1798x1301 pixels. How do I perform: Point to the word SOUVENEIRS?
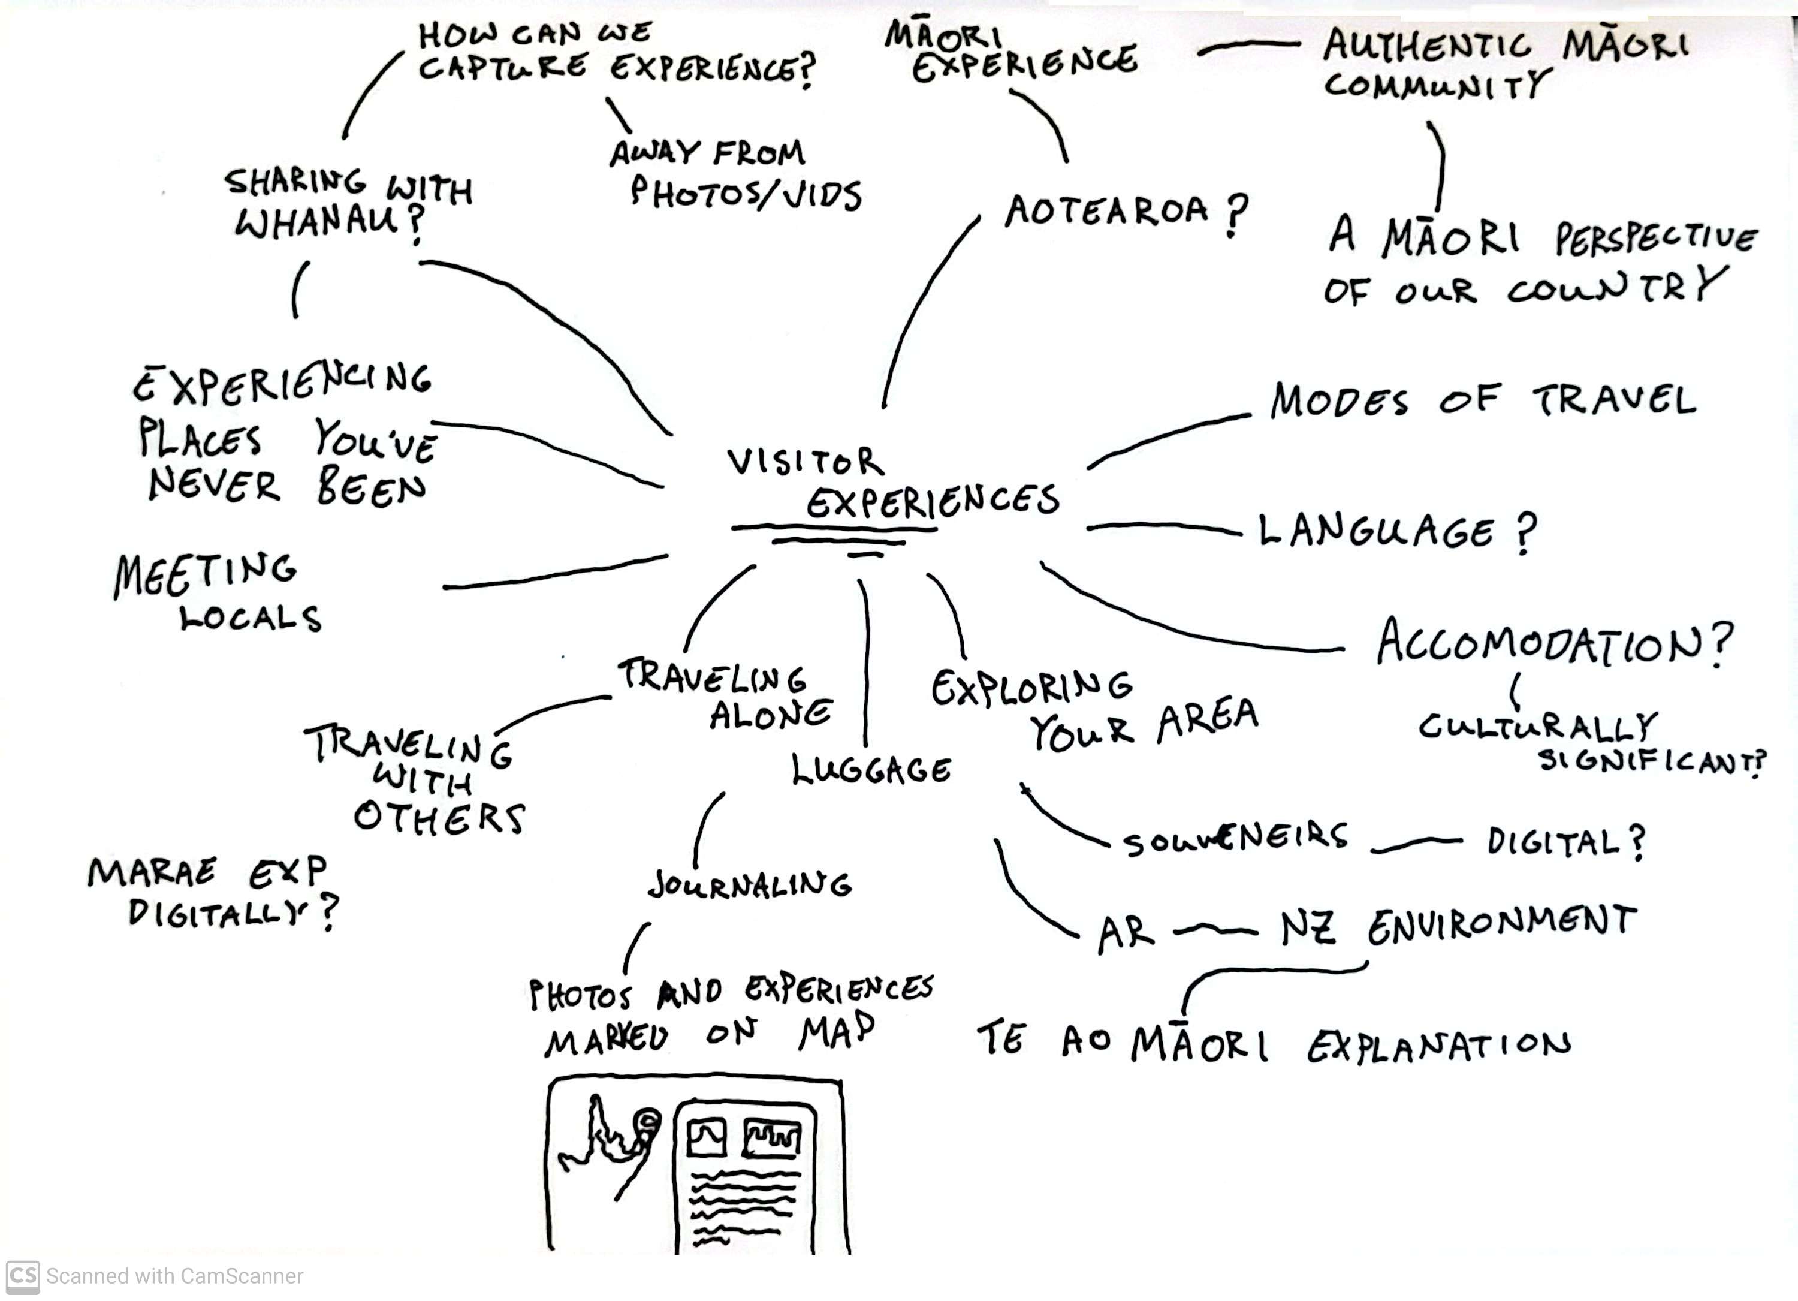coord(1235,839)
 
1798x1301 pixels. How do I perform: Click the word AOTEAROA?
coord(1107,212)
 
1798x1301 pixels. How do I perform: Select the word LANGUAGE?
coord(1376,531)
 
